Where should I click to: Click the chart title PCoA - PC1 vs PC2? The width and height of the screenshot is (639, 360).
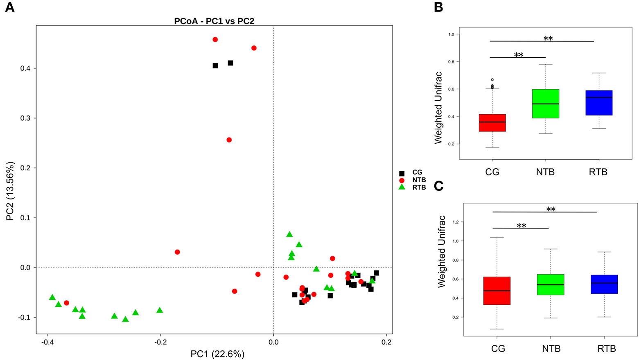pos(214,21)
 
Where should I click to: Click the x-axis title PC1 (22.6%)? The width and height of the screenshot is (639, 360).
pos(217,354)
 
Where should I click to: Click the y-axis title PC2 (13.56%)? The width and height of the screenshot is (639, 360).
pos(10,191)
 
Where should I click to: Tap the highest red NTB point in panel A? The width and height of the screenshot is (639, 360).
pos(215,40)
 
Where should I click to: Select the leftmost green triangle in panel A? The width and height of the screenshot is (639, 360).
pos(52,297)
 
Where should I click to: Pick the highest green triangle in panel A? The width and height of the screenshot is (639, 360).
pos(289,235)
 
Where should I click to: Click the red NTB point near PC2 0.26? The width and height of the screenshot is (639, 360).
pos(229,140)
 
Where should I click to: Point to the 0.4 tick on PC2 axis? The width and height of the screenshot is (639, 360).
pos(25,68)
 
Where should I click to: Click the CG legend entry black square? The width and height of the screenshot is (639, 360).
pos(402,173)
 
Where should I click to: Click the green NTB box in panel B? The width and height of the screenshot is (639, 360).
pos(545,104)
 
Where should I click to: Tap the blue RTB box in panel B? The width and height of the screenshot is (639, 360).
pos(599,103)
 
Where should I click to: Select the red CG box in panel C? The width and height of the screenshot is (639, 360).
pos(497,290)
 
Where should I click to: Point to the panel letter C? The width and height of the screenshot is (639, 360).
pos(438,186)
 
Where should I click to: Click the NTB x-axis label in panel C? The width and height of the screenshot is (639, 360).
pos(551,349)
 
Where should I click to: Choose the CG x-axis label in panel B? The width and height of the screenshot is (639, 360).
pos(492,172)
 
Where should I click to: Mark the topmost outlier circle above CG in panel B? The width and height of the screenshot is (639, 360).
pos(492,79)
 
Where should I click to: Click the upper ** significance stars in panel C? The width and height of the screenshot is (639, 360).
pos(551,209)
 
